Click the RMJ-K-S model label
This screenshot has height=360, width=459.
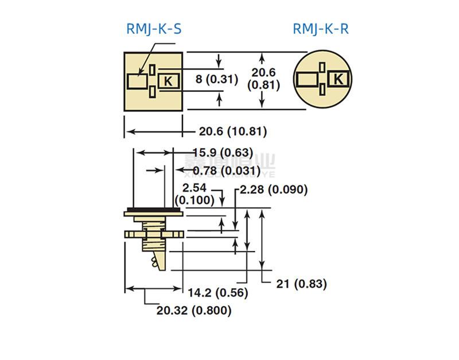point(154,29)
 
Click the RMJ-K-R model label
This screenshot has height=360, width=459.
point(320,29)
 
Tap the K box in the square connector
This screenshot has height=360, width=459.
point(168,81)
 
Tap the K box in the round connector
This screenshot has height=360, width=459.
point(339,79)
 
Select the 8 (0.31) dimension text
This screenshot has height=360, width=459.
point(216,80)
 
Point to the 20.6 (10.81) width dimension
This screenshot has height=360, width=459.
point(233,131)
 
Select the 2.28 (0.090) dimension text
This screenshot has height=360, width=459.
point(274,189)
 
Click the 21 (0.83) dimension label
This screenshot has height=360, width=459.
point(302,283)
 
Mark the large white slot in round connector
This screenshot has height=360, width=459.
point(309,79)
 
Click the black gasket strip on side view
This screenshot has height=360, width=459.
point(153,210)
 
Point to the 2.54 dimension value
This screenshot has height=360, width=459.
point(194,188)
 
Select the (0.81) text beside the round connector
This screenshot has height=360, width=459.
point(263,85)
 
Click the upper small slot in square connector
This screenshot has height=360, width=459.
point(152,69)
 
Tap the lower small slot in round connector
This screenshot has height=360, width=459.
point(324,88)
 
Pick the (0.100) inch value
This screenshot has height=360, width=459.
point(195,200)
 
